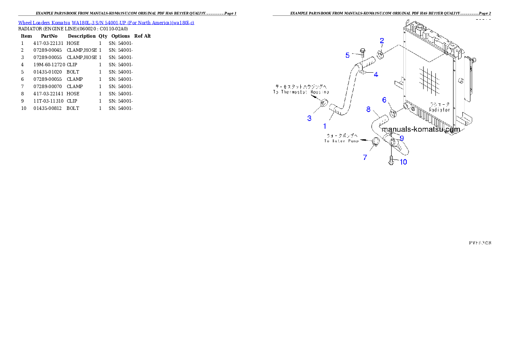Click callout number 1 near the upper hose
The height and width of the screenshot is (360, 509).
point(325,126)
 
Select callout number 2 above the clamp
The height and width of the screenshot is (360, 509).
point(382,41)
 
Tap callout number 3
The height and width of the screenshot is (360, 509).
point(309,118)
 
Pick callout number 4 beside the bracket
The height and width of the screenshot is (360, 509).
point(376,74)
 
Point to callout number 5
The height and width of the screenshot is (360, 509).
point(348,55)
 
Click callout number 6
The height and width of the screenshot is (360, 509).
point(384,100)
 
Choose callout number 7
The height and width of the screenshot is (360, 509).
point(365,157)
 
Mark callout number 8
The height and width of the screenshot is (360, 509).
point(368,109)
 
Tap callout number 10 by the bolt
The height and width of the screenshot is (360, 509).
point(403,162)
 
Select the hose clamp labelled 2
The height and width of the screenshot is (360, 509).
point(380,55)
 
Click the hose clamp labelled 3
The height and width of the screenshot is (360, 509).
point(324,103)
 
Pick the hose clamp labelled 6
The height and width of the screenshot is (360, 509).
point(394,113)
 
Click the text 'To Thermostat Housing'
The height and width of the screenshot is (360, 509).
point(301,92)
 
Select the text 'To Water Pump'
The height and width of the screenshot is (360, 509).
point(341,141)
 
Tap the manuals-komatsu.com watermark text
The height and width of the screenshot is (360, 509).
point(421,129)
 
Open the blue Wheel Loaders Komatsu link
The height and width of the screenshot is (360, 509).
point(106,22)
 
